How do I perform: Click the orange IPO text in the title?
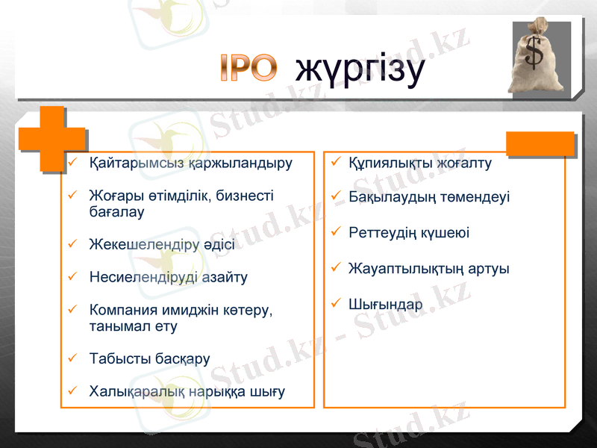point(249,68)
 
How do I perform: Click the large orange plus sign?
point(51,139)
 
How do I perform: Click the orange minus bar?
point(540,143)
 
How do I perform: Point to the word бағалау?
point(116,211)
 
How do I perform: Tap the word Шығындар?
point(385,305)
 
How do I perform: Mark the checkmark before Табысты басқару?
point(72,358)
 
